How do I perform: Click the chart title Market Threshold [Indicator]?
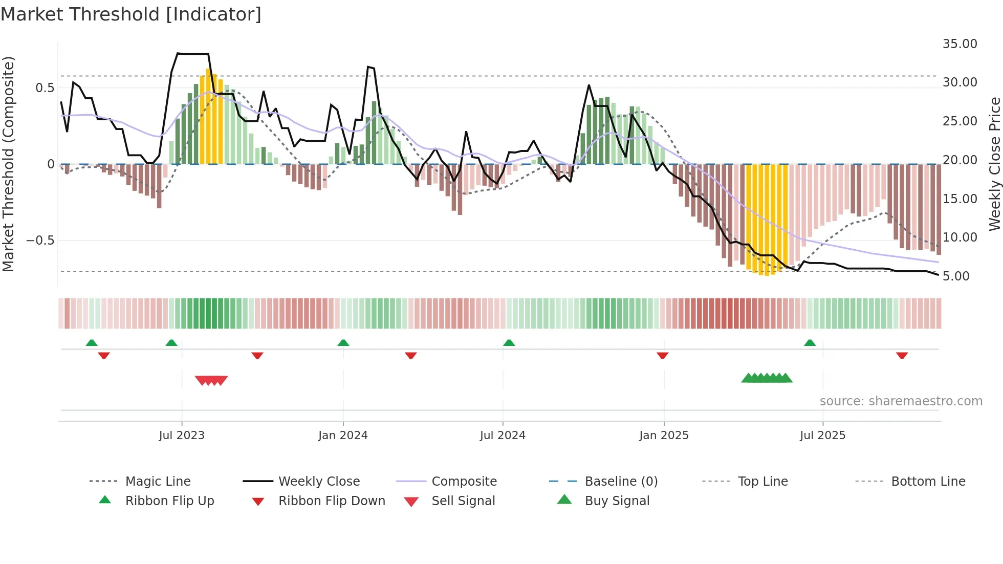click(x=131, y=14)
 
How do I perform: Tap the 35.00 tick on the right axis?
click(x=960, y=44)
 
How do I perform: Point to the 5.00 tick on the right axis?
click(x=956, y=276)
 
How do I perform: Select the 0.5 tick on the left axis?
click(x=45, y=88)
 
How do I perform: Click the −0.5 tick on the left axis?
click(x=40, y=241)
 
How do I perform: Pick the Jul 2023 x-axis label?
click(x=182, y=436)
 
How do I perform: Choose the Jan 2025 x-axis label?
click(x=664, y=436)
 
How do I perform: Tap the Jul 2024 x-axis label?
click(x=503, y=436)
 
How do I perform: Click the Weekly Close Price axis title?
click(x=994, y=164)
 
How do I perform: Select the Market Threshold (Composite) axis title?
click(x=8, y=164)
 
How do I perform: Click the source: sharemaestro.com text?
click(x=901, y=401)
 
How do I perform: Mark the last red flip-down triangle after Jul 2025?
click(x=902, y=355)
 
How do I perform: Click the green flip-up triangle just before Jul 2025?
click(x=810, y=343)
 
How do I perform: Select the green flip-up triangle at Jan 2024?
click(x=343, y=343)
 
